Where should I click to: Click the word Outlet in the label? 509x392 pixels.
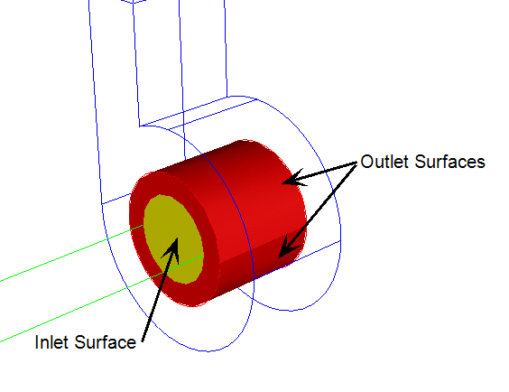(x=384, y=162)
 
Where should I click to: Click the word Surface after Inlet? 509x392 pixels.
(x=106, y=342)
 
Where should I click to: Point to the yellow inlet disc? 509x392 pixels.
(x=173, y=239)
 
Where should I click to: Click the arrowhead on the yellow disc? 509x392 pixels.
(x=172, y=249)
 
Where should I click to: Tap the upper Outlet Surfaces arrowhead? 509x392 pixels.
(x=293, y=179)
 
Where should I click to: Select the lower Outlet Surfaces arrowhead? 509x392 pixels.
(x=287, y=248)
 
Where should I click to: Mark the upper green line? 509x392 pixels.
(x=71, y=253)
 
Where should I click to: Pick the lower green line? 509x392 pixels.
(x=101, y=299)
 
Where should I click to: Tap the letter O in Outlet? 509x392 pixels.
(x=366, y=162)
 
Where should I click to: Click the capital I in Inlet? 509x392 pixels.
(x=36, y=342)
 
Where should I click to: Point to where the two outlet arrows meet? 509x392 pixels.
(x=356, y=163)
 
